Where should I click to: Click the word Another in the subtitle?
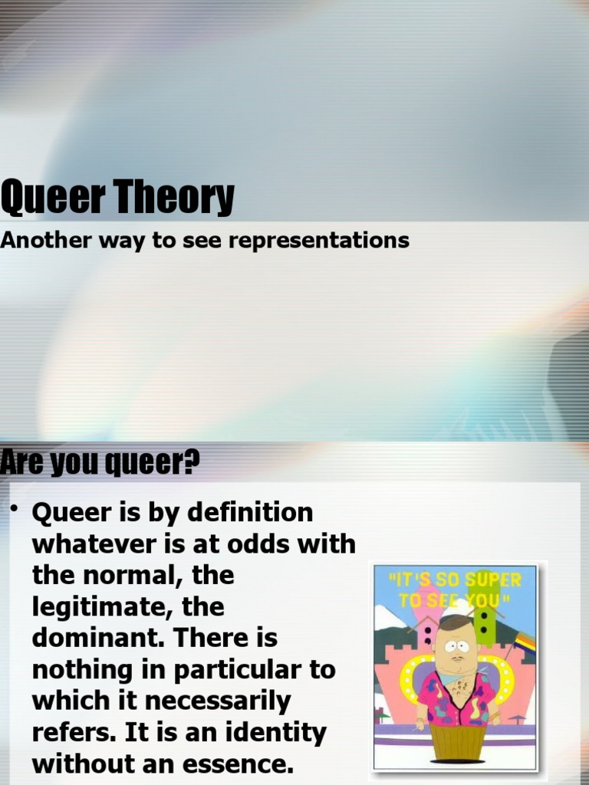point(48,240)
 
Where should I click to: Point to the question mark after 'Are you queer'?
point(192,463)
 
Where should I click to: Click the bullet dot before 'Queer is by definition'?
point(15,508)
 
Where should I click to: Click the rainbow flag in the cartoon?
point(525,642)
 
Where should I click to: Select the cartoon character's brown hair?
point(456,622)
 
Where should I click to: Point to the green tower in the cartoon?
point(485,625)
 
